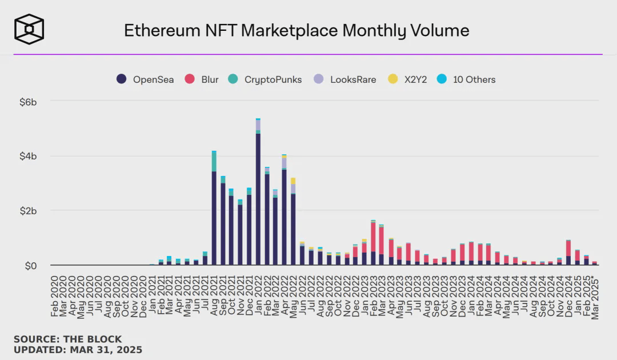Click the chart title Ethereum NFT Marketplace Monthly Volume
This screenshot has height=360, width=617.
(297, 30)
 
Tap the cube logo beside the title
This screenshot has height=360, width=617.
(29, 29)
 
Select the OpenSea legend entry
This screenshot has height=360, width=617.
(146, 79)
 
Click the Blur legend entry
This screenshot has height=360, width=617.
(202, 79)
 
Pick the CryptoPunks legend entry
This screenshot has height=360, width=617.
(266, 79)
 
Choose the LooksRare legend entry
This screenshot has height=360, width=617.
(346, 79)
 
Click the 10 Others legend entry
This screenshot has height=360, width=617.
(467, 79)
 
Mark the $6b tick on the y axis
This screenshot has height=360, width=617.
(28, 102)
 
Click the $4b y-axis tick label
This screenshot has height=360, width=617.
(28, 157)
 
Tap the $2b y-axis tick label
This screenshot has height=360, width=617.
(28, 211)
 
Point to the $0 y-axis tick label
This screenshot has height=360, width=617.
(30, 266)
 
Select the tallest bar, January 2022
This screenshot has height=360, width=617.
(258, 194)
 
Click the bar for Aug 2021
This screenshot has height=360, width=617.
(214, 211)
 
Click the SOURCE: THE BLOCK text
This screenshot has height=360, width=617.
(67, 339)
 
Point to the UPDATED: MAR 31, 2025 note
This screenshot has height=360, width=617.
(78, 349)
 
